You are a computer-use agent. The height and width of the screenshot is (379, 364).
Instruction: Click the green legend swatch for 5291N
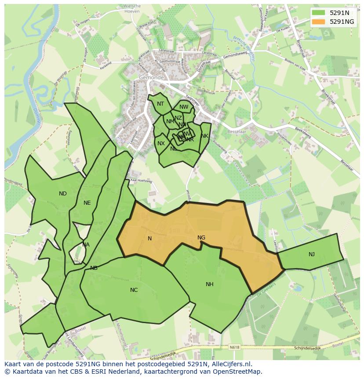[319, 13]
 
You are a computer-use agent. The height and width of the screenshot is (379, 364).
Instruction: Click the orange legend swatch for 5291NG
[319, 22]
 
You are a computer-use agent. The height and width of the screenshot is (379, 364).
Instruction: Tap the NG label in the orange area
[201, 238]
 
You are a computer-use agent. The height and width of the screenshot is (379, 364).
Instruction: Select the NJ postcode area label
[311, 254]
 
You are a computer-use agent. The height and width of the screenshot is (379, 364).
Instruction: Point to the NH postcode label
[210, 284]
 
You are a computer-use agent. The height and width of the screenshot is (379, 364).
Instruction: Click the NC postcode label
[134, 290]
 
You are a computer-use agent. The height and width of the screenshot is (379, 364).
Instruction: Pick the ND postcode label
[63, 193]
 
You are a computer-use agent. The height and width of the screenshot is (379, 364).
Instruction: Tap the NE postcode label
[87, 203]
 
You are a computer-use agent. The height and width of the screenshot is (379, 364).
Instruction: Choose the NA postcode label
[86, 245]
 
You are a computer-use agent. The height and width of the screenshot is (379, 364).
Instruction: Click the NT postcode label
[160, 104]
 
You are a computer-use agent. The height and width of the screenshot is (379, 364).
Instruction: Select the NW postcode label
[184, 107]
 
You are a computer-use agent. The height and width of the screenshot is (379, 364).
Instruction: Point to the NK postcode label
[204, 136]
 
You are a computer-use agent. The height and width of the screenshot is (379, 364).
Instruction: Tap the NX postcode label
[161, 144]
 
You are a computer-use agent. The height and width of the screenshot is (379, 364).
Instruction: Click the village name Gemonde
[151, 77]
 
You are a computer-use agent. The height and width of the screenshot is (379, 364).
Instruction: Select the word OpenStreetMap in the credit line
[238, 372]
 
